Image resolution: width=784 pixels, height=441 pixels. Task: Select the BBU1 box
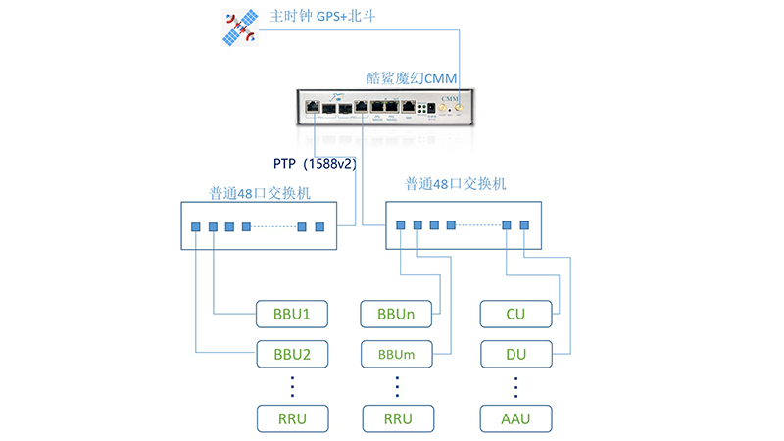[x=291, y=315]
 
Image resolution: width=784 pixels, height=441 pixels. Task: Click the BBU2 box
[x=291, y=352]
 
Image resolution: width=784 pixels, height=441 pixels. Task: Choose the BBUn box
[x=397, y=315]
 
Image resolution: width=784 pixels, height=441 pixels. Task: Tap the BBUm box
[x=397, y=352]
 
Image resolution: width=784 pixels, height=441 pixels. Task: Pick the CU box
[x=515, y=315]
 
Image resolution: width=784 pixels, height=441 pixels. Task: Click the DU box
[x=515, y=352]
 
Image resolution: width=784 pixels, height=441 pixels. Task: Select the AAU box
[x=515, y=418]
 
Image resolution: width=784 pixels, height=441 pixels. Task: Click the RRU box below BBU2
[x=291, y=418]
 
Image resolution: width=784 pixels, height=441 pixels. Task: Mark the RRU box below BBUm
[x=397, y=418]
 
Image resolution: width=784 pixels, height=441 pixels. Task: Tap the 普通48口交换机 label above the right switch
[x=459, y=183]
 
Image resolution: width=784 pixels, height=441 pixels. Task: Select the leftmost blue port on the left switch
[x=196, y=227]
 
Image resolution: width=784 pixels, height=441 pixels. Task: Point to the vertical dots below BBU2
[x=291, y=384]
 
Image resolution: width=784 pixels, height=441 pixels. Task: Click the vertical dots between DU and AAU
[x=515, y=384]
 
